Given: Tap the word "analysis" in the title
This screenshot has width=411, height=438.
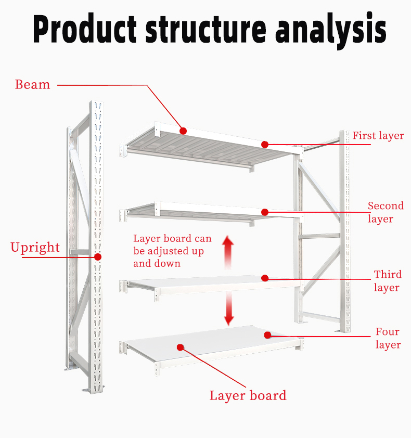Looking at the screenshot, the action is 330,31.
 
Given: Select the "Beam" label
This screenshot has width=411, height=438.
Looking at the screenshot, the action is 32,85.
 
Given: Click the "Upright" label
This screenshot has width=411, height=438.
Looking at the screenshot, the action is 35,248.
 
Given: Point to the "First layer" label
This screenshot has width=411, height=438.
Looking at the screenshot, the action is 378,136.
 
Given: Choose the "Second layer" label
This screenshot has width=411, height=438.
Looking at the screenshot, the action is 386,212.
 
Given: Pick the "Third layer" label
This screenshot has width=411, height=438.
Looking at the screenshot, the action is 388,281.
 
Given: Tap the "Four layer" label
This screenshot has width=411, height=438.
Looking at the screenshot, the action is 388,338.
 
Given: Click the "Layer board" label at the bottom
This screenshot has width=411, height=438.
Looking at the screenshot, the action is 248,396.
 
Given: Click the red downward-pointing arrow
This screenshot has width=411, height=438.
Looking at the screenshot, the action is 229,308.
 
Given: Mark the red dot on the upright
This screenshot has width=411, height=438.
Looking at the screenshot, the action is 98,257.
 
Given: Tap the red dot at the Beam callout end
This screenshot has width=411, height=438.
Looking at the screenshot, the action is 183,131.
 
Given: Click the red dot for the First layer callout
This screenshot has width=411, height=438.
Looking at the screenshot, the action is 265,145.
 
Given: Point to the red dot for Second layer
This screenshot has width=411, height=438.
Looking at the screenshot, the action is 265,212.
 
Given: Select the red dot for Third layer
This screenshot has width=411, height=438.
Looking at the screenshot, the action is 265,278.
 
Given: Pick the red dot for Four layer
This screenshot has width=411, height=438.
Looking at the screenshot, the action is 267,335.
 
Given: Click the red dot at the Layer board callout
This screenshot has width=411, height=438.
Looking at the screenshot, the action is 181,347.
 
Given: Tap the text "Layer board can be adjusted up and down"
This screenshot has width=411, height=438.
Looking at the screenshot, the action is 172,251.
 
